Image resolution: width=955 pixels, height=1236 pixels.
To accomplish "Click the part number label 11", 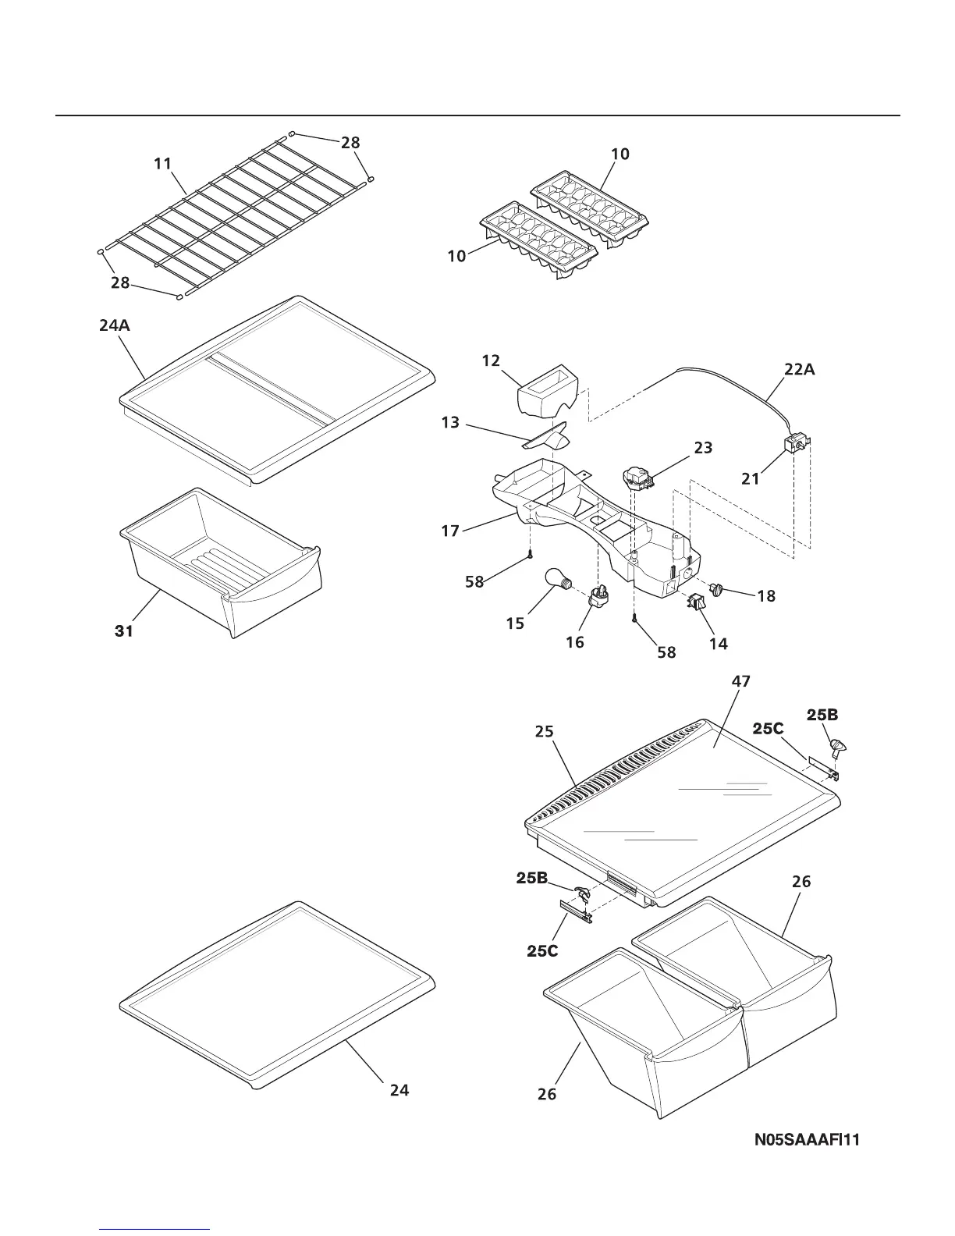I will [162, 164].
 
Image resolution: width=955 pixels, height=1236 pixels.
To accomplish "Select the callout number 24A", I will [115, 326].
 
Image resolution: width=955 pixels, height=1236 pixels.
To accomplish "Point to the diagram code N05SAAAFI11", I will [807, 1140].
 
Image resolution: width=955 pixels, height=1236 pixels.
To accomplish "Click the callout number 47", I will [740, 681].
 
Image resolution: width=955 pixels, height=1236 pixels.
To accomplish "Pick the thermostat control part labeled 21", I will [797, 447].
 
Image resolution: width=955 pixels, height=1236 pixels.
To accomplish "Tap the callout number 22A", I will [800, 370].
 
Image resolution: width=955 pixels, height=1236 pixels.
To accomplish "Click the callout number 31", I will [124, 631].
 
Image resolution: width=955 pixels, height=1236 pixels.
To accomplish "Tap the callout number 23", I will [702, 448].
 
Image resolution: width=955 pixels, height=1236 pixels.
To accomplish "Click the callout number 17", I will [450, 531].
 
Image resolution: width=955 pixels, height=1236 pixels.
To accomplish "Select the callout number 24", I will [399, 1090].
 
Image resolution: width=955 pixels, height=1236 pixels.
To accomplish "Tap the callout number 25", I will [544, 731].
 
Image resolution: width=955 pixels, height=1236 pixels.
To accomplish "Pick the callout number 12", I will [491, 360].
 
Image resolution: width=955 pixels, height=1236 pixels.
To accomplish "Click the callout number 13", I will [451, 424].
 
